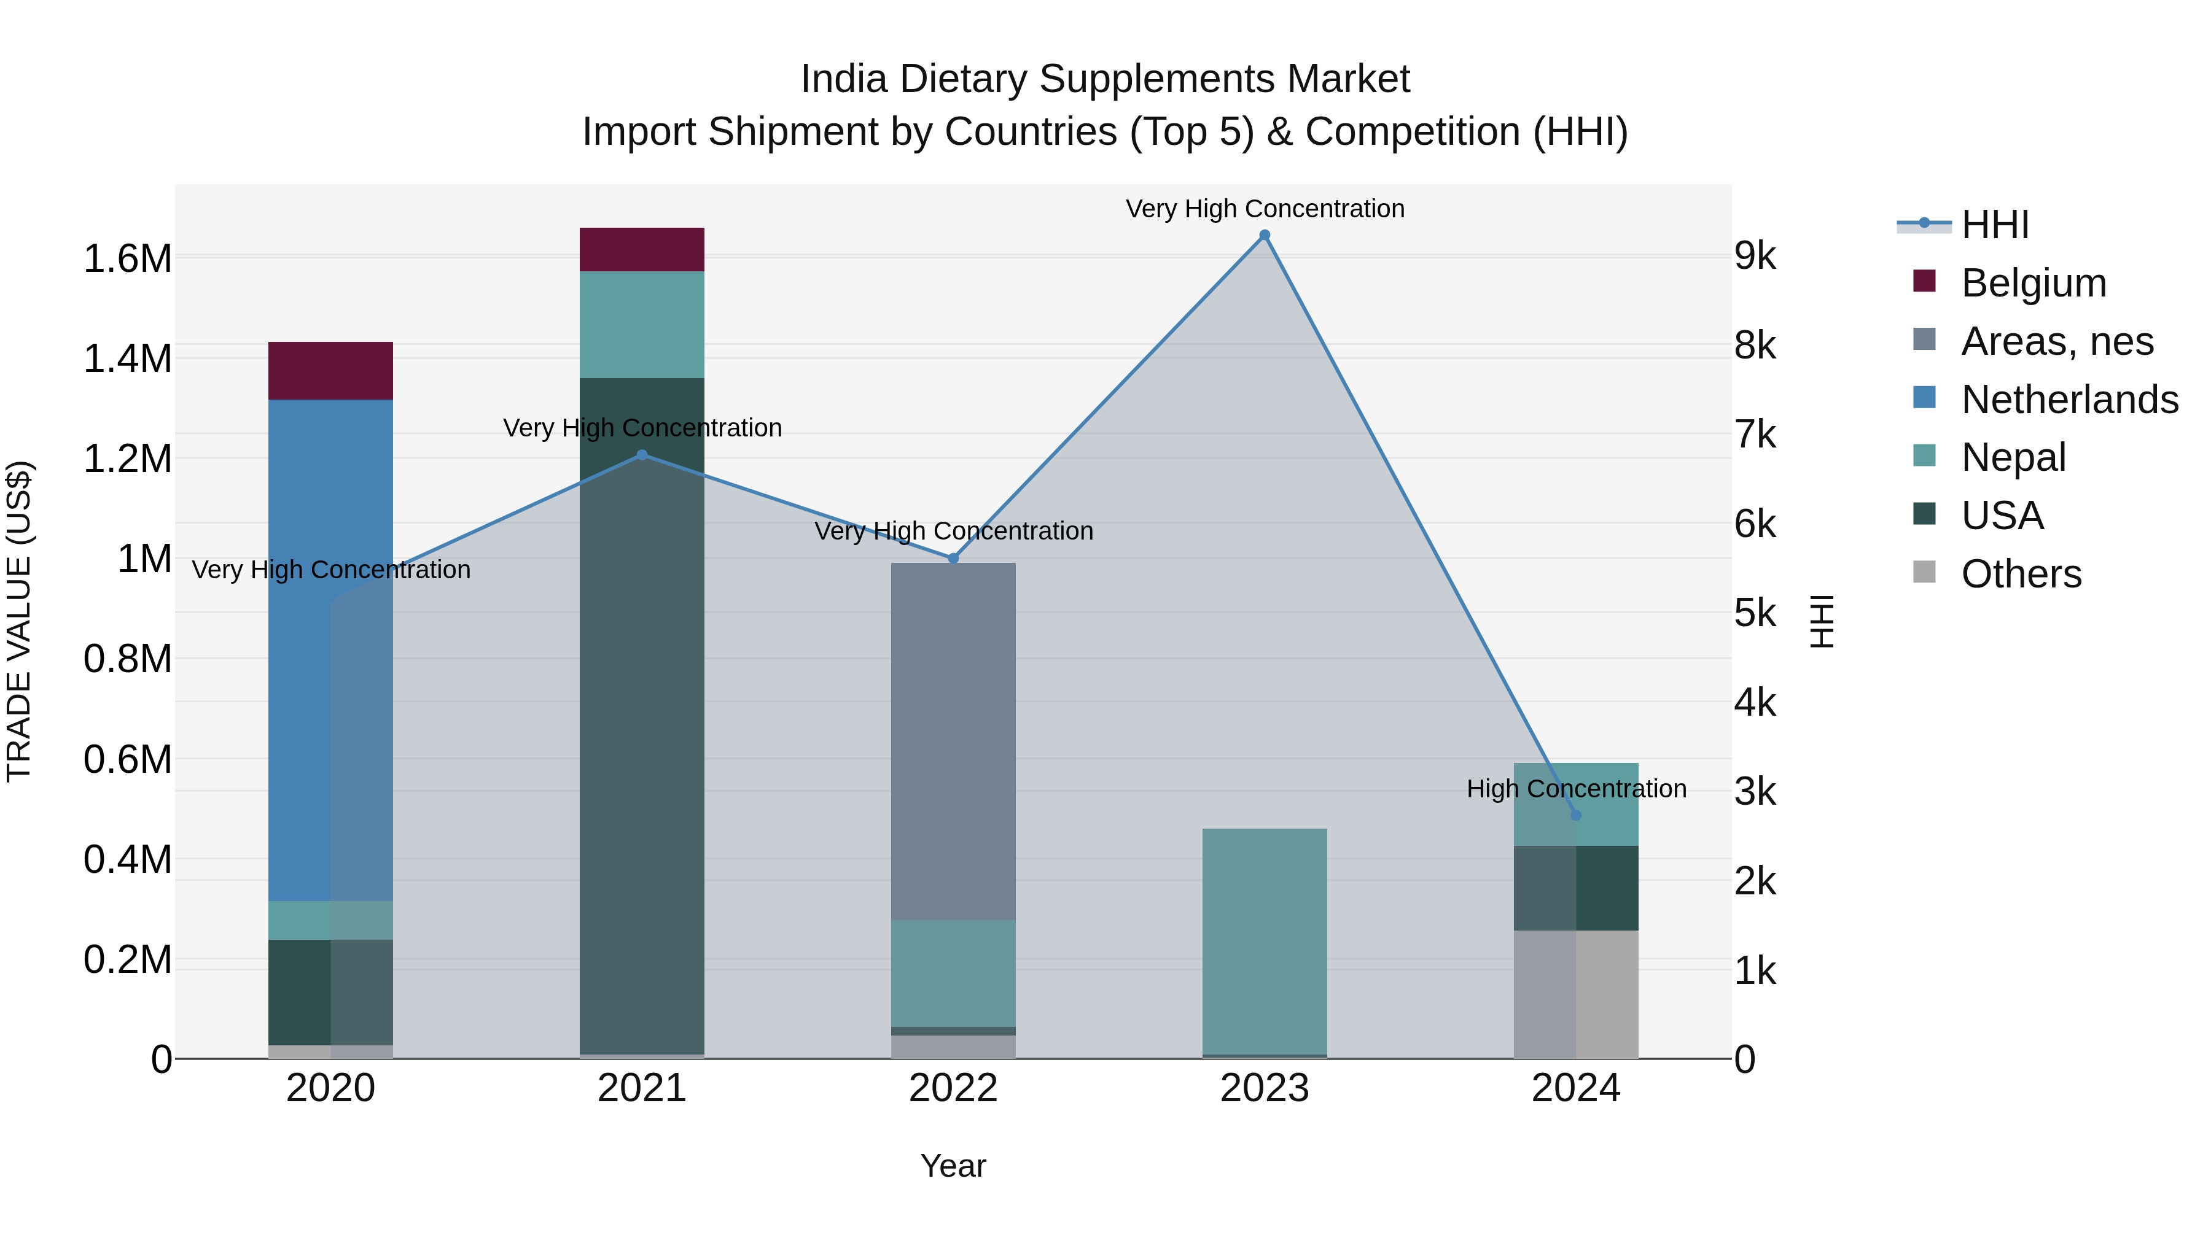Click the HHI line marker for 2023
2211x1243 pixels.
[x=1265, y=235]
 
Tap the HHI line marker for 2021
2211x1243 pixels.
[x=642, y=455]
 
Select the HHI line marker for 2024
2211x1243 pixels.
[x=1576, y=815]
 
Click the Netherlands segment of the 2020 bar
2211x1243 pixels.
[x=330, y=649]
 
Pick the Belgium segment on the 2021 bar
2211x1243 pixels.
[x=642, y=250]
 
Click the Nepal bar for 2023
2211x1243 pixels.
[x=1265, y=941]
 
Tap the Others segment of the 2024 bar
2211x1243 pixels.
[x=1576, y=994]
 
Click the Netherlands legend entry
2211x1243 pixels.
[x=2069, y=400]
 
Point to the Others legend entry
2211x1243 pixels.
[x=2021, y=574]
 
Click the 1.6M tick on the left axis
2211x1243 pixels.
[x=128, y=258]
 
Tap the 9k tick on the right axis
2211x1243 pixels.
[x=1755, y=255]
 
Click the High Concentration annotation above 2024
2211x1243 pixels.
[x=1576, y=788]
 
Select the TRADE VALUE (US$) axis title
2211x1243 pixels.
[x=19, y=621]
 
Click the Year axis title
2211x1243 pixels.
[x=953, y=1166]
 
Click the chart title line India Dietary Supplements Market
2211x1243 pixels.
[x=1105, y=79]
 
